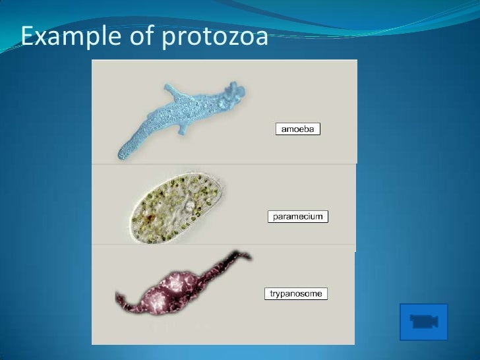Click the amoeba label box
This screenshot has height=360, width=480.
pos(297,129)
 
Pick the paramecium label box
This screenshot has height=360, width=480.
pos(298,216)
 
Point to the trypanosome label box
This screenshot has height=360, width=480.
pos(297,293)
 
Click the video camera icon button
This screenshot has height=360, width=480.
pos(424,322)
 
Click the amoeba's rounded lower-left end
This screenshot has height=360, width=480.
pos(123,154)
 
